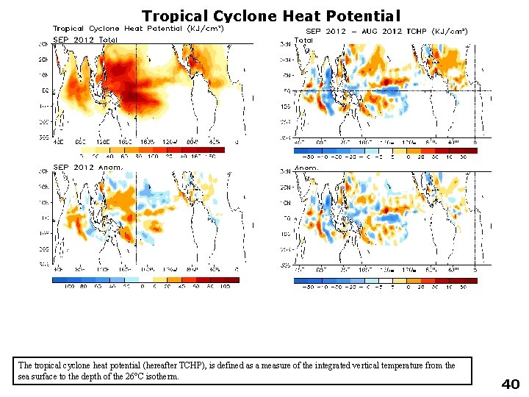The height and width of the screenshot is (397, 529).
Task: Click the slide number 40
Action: [x=510, y=384]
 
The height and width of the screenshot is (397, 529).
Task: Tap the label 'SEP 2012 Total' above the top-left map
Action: [x=85, y=39]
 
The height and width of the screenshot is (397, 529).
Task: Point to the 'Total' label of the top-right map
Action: [x=304, y=40]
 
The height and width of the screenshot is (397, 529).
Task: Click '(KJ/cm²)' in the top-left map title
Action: [x=206, y=28]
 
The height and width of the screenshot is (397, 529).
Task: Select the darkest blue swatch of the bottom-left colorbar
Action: [x=62, y=279]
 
